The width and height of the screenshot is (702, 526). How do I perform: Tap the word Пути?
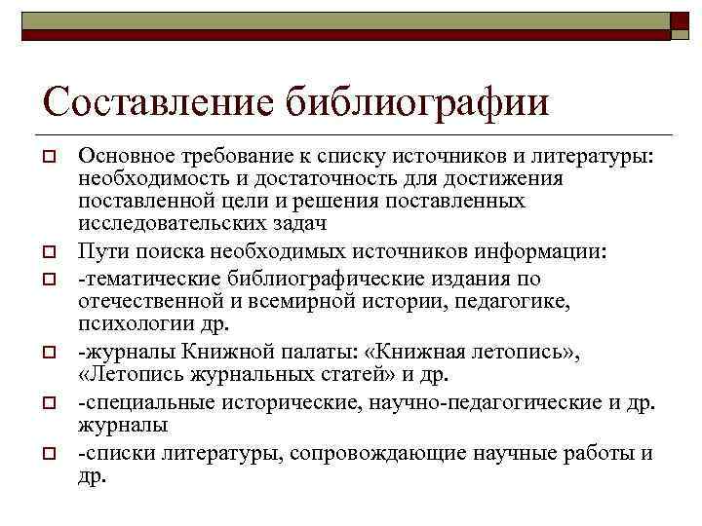(99, 252)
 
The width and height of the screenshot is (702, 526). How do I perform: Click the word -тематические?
(147, 279)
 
